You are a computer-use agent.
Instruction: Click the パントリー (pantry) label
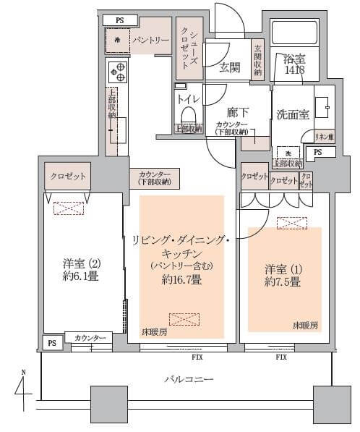[x=150, y=40]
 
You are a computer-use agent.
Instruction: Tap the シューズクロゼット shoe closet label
[x=189, y=43]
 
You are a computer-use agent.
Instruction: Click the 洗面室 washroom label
[x=292, y=114]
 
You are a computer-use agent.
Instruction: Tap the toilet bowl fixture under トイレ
[x=189, y=116]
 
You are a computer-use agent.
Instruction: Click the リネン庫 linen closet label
[x=324, y=136]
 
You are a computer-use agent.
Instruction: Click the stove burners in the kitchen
[x=117, y=72]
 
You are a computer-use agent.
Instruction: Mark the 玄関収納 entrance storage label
[x=257, y=54]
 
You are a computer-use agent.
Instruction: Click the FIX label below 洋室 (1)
[x=282, y=357]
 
